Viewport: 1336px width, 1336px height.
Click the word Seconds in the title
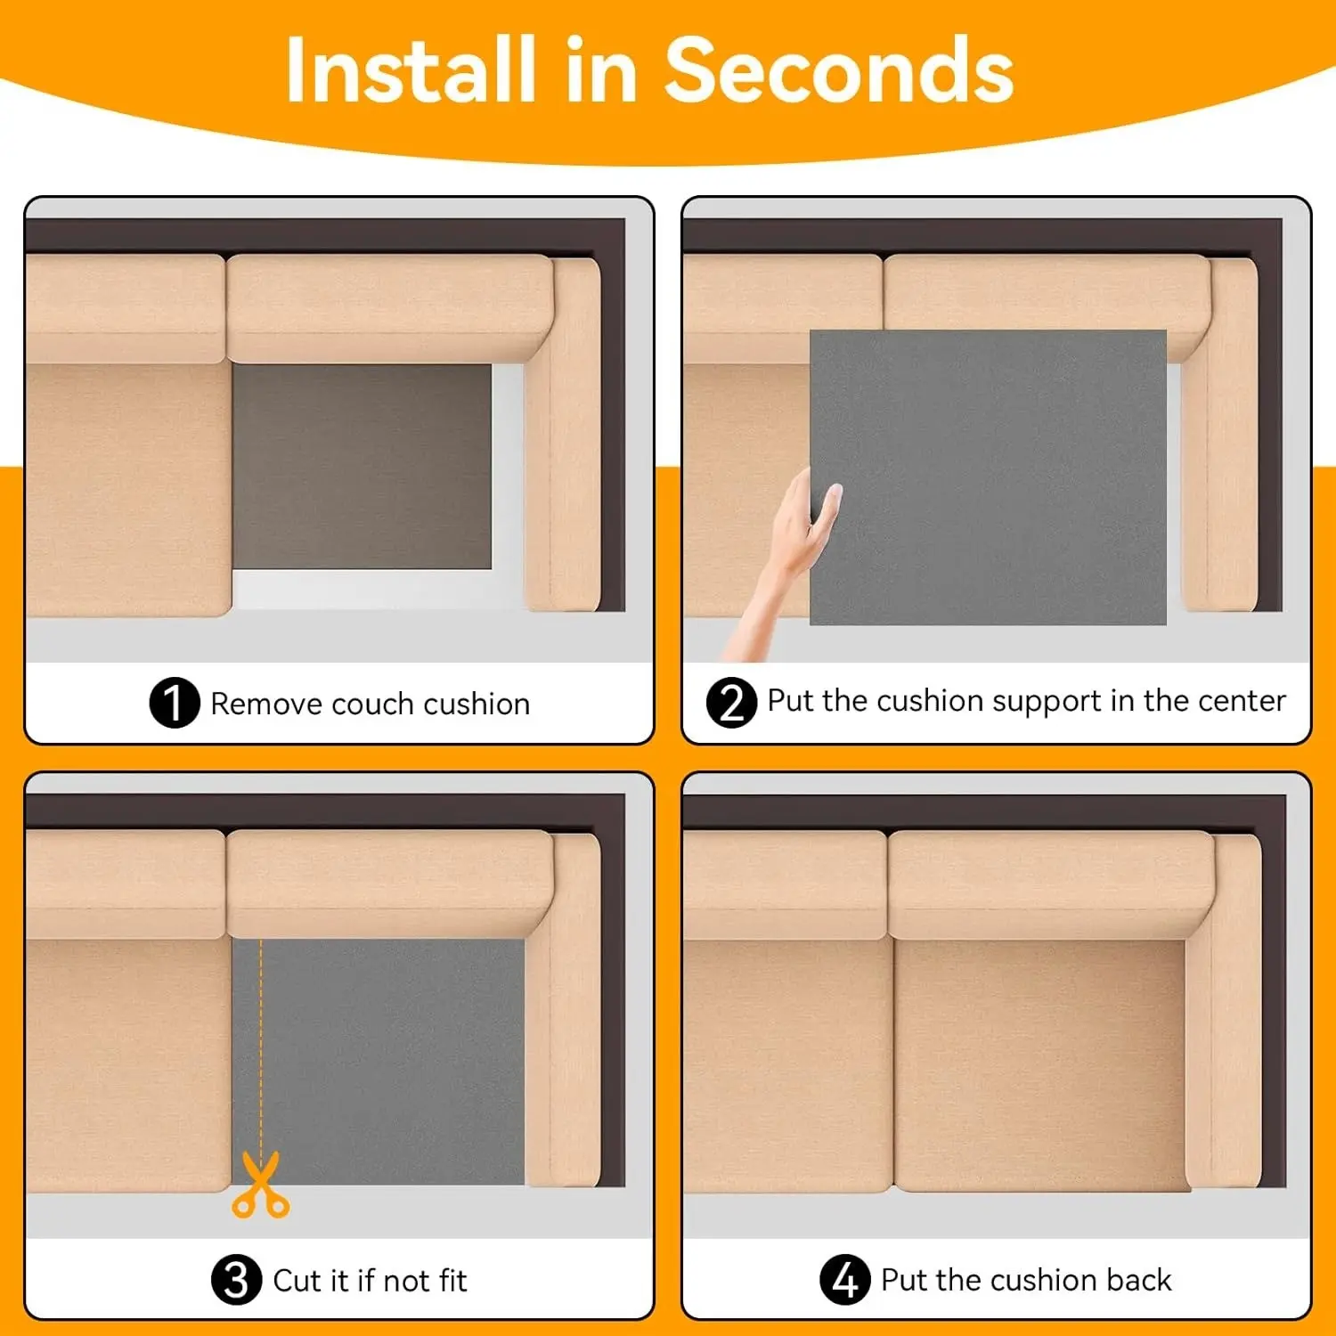coord(839,71)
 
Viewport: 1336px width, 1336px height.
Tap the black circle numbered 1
coord(175,703)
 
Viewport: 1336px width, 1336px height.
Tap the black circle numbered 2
coord(731,703)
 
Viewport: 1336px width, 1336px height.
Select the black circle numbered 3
coord(237,1280)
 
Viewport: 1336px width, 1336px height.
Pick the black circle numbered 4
coord(844,1280)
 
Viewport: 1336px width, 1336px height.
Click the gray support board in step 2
coord(988,477)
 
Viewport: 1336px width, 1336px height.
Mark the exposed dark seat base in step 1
coord(362,466)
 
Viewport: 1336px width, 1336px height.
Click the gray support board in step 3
coord(379,1062)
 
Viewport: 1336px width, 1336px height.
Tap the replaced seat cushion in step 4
coord(1039,1065)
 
